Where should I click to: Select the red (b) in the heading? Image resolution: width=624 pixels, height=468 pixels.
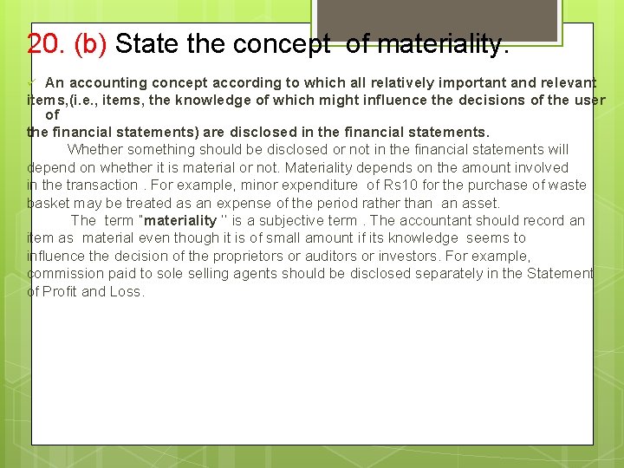[90, 43]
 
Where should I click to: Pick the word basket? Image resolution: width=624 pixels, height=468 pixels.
[49, 203]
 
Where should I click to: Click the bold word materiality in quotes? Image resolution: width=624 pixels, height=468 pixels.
[180, 220]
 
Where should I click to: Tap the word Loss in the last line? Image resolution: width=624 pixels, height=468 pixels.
[126, 291]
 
